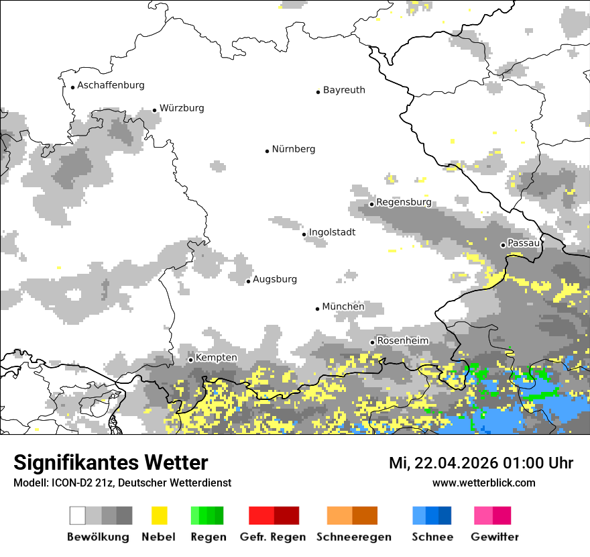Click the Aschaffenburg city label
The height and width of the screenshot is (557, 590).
[111, 85]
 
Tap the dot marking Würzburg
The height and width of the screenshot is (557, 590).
[155, 110]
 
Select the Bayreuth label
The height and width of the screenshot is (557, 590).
[344, 90]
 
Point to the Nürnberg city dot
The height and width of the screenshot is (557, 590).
[267, 151]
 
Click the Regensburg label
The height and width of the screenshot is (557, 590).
[404, 202]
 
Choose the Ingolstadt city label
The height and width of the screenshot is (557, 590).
[332, 232]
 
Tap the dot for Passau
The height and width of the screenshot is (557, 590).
[503, 245]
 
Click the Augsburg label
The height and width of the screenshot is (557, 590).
[274, 279]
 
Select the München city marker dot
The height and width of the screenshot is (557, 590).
[317, 309]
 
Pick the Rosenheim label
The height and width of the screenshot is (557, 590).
[402, 341]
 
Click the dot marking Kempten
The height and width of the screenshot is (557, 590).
[190, 360]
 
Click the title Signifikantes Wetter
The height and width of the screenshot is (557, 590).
[111, 462]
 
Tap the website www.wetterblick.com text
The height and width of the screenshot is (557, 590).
[483, 483]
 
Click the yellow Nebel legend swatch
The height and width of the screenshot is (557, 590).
[159, 515]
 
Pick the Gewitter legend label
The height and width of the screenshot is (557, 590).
[494, 537]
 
